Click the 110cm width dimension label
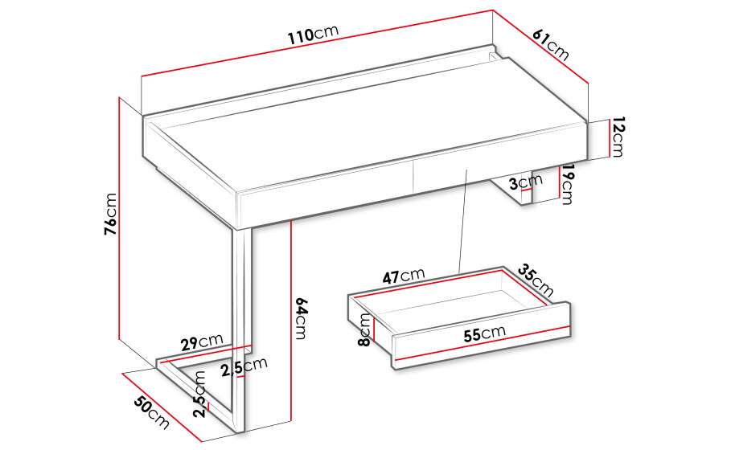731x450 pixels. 312,34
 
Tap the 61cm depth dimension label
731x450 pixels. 551,45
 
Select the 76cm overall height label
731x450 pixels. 111,214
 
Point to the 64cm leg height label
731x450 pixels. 301,318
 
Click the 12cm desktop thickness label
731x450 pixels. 618,137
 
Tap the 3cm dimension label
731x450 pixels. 526,182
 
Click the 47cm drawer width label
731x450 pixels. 404,276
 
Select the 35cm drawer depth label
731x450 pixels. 536,281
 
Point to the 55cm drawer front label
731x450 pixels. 485,333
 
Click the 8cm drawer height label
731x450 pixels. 364,329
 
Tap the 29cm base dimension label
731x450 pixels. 203,342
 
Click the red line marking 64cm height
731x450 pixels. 291,321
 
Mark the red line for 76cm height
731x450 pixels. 119,219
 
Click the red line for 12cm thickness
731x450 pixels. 609,138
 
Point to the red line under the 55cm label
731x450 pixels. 482,343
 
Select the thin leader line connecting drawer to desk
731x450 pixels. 463,221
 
